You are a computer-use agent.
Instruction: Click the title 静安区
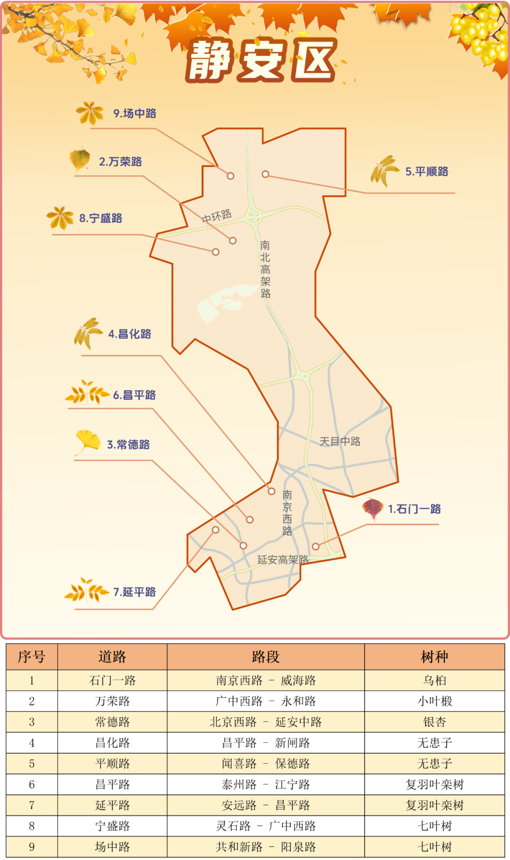(x=261, y=60)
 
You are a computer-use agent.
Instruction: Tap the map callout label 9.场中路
(x=135, y=113)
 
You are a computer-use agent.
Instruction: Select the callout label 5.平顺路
(x=427, y=171)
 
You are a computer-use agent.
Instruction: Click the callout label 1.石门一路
(x=414, y=509)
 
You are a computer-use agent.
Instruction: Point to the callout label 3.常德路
(x=128, y=444)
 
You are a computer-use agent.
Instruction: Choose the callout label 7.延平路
(x=134, y=592)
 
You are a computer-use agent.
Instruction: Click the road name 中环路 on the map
(x=217, y=216)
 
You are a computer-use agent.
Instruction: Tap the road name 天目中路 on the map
(x=340, y=442)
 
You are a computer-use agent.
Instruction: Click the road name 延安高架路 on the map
(x=282, y=560)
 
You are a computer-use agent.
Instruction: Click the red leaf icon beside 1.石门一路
(x=372, y=508)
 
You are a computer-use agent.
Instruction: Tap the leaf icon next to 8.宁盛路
(x=60, y=217)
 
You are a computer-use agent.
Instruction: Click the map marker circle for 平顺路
(x=265, y=174)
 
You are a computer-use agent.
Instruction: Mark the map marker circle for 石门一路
(x=315, y=546)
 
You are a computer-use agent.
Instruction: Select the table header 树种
(x=434, y=656)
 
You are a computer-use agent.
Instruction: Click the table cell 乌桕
(x=434, y=681)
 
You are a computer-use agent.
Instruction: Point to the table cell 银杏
(x=434, y=722)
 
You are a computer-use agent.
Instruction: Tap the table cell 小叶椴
(x=434, y=701)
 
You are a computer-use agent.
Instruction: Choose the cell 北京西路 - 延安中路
(x=265, y=722)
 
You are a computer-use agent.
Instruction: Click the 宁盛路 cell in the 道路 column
(x=112, y=826)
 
